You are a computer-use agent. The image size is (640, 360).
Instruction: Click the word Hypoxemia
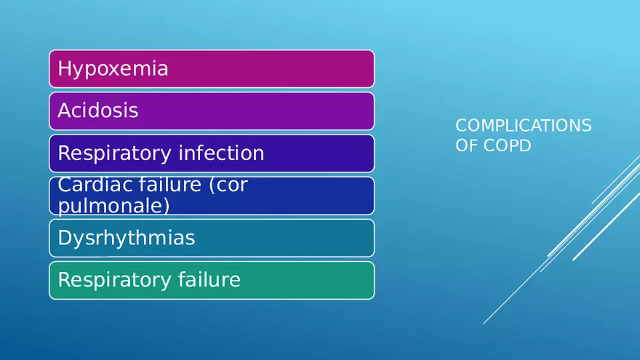pyautogui.click(x=113, y=69)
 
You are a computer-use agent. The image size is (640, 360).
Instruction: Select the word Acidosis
pyautogui.click(x=97, y=111)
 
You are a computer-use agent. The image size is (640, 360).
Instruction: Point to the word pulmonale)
pyautogui.click(x=113, y=206)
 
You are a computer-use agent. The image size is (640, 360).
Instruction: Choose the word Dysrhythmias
pyautogui.click(x=126, y=238)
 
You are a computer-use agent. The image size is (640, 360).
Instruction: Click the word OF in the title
pyautogui.click(x=465, y=145)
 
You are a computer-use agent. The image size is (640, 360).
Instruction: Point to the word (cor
pyautogui.click(x=228, y=185)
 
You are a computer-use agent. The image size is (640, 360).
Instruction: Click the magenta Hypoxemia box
pyautogui.click(x=291, y=69)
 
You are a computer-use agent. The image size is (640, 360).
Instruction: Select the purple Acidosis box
pyautogui.click(x=291, y=111)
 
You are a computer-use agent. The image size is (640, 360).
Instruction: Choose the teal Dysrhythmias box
pyautogui.click(x=291, y=238)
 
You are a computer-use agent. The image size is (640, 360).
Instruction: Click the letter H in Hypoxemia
pyautogui.click(x=63, y=69)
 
